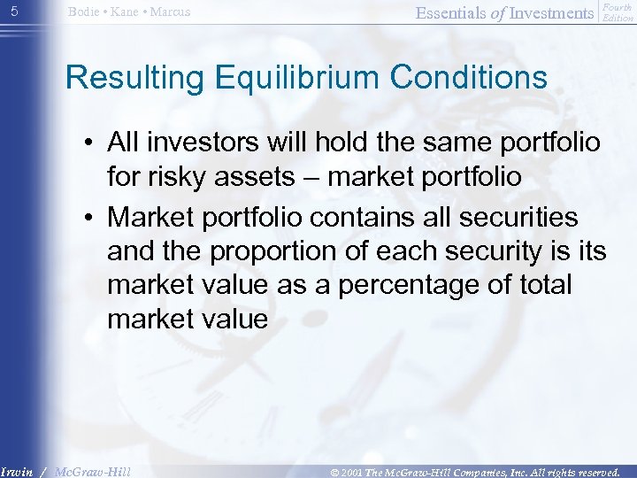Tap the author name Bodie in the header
pos(86,12)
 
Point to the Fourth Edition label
pos(617,12)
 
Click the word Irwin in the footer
pos(19,472)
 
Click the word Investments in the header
pos(551,12)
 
